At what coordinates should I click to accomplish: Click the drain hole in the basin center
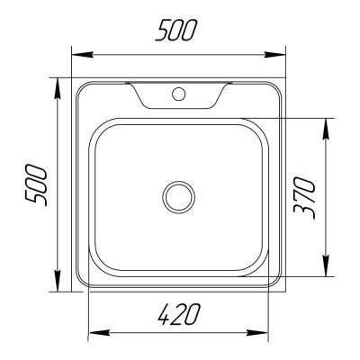coord(178,194)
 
